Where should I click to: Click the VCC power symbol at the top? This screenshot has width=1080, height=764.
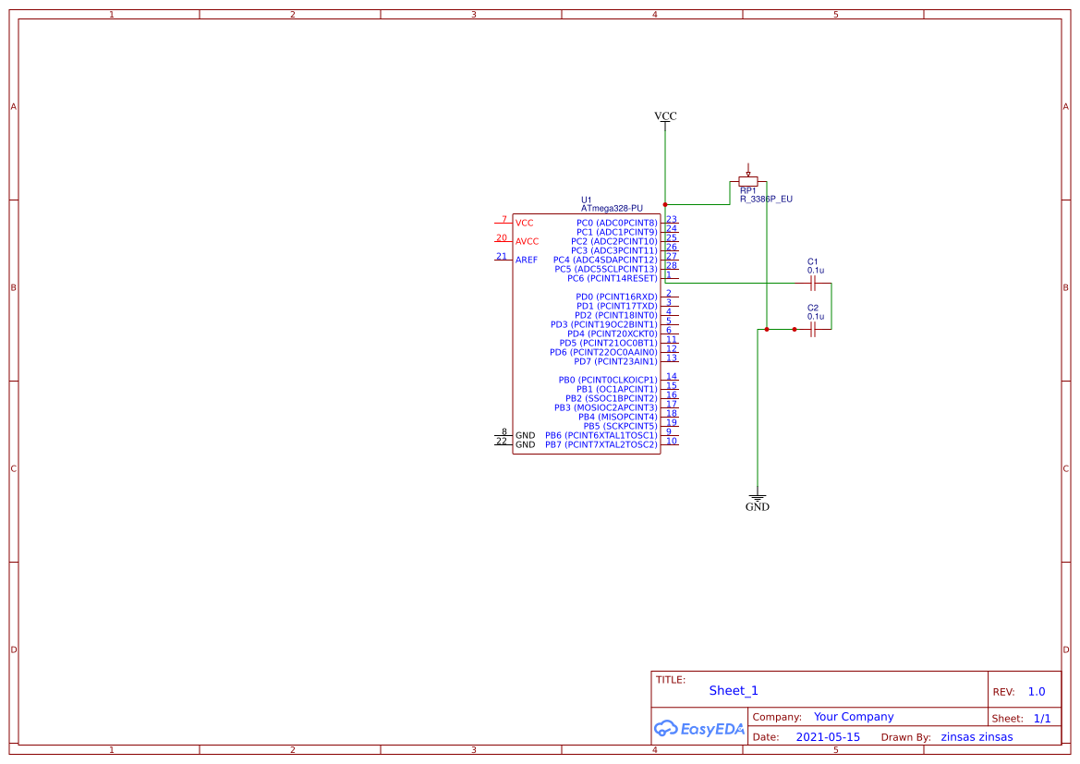click(665, 117)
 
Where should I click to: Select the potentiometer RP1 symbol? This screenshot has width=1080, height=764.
click(748, 181)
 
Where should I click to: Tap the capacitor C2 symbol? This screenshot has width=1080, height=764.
click(812, 329)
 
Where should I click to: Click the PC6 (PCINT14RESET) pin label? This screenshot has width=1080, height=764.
click(612, 278)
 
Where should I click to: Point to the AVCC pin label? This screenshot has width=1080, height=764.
click(527, 241)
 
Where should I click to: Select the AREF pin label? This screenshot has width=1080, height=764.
click(527, 260)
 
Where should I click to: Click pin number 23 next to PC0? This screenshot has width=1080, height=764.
click(671, 220)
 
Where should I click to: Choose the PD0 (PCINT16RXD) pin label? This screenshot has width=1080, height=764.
click(616, 297)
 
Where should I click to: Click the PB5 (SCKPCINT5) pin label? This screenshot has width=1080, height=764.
click(620, 426)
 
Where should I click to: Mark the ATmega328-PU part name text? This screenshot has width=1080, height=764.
click(612, 209)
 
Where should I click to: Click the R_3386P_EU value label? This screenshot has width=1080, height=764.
click(766, 199)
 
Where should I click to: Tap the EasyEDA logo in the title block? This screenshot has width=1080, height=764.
click(698, 728)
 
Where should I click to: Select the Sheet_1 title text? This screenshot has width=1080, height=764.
click(734, 690)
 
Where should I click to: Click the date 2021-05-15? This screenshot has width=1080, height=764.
click(828, 737)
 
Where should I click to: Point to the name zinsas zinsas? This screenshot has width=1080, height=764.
click(977, 737)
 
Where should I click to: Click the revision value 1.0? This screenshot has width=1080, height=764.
click(1037, 691)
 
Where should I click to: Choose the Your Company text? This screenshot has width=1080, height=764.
click(854, 717)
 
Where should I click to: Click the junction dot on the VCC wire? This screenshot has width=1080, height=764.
click(665, 204)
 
